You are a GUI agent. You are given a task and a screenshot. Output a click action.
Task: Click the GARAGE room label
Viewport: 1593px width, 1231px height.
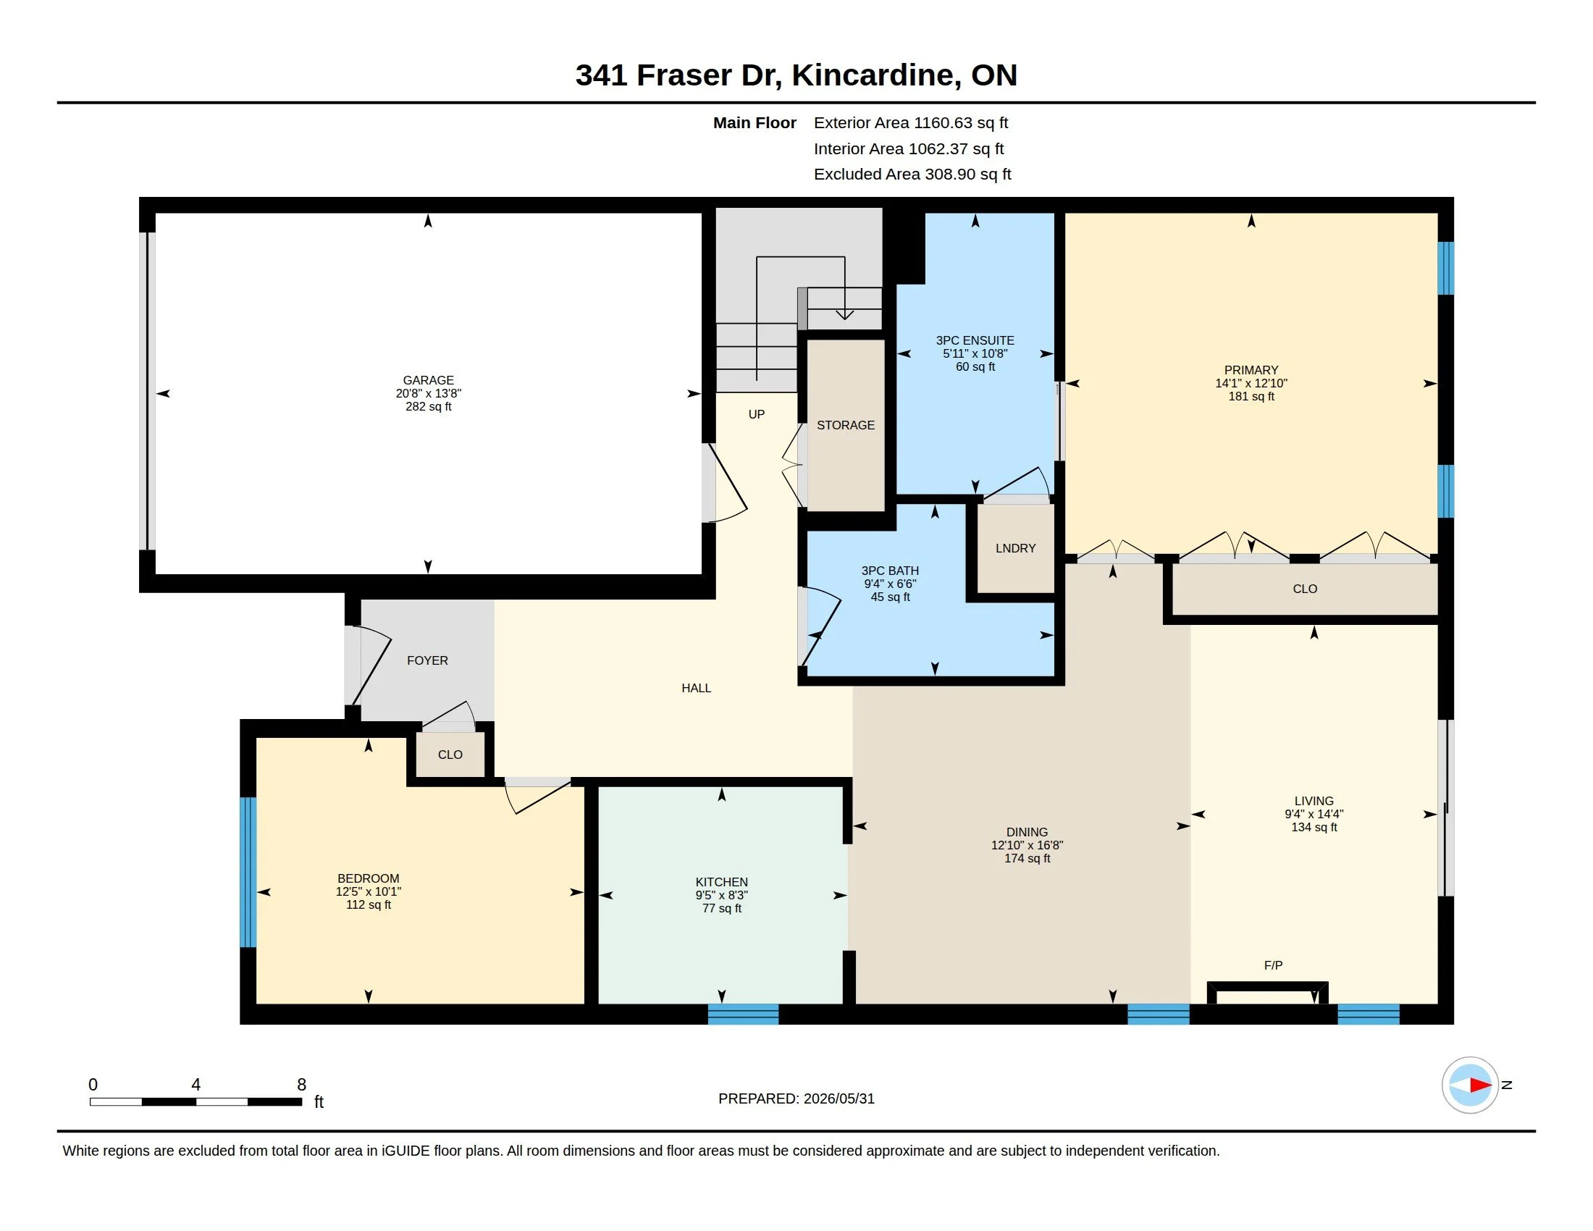click(x=428, y=380)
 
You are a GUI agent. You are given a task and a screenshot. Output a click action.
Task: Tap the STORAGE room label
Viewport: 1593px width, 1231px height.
click(x=845, y=425)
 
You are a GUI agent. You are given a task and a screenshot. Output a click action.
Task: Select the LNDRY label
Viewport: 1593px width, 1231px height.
click(x=1015, y=548)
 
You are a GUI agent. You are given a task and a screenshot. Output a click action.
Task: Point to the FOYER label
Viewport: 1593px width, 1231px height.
click(x=427, y=660)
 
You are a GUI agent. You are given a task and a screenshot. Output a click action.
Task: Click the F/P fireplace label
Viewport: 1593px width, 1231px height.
click(x=1273, y=965)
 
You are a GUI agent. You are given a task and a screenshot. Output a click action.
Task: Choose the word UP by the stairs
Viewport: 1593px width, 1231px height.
click(x=757, y=414)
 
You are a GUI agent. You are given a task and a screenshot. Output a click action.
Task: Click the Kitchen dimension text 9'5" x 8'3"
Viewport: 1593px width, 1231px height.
click(x=721, y=896)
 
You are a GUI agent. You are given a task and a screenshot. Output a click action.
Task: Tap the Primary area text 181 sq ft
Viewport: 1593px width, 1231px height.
click(x=1251, y=397)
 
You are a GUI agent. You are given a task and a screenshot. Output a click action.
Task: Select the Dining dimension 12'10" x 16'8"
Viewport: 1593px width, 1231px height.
click(x=1027, y=845)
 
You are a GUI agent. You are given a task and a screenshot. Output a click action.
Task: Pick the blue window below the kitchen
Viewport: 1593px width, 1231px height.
click(x=743, y=1014)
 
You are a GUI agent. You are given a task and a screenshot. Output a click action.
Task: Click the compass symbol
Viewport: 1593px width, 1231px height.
click(x=1470, y=1085)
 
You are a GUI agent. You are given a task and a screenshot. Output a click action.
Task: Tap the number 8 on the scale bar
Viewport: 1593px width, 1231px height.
click(x=301, y=1085)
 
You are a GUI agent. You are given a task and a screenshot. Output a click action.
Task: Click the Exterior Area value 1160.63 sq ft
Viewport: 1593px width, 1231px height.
click(x=961, y=123)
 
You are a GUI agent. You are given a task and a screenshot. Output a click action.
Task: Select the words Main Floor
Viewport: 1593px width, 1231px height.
click(x=755, y=123)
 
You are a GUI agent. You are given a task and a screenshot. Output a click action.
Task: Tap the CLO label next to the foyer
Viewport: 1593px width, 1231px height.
click(x=450, y=755)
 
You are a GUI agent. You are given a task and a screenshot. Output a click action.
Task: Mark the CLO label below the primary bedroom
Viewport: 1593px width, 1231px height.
click(x=1305, y=589)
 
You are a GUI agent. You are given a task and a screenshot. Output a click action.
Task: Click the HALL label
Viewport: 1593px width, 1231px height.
click(x=696, y=689)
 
